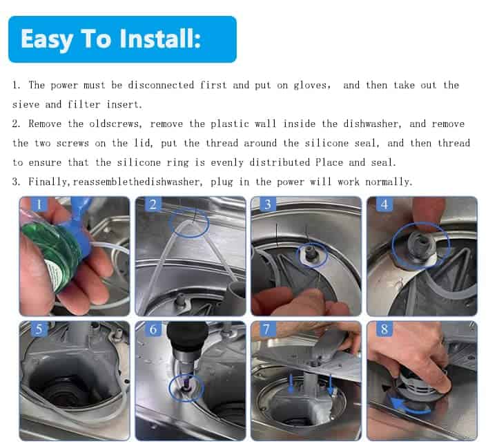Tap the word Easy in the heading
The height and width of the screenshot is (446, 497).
(x=47, y=39)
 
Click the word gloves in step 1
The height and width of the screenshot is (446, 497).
(x=312, y=86)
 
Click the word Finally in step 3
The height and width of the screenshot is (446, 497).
(x=48, y=182)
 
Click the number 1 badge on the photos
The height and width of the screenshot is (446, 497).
(x=39, y=204)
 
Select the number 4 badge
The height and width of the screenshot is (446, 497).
(x=384, y=204)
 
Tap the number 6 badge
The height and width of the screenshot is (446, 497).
(x=153, y=329)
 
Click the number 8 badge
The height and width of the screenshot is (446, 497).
(x=384, y=329)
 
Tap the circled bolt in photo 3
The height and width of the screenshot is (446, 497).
(x=310, y=253)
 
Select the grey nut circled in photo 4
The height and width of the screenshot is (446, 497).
(x=419, y=244)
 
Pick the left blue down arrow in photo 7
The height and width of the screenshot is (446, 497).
(x=291, y=384)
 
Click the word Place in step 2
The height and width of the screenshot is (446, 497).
(x=329, y=162)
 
